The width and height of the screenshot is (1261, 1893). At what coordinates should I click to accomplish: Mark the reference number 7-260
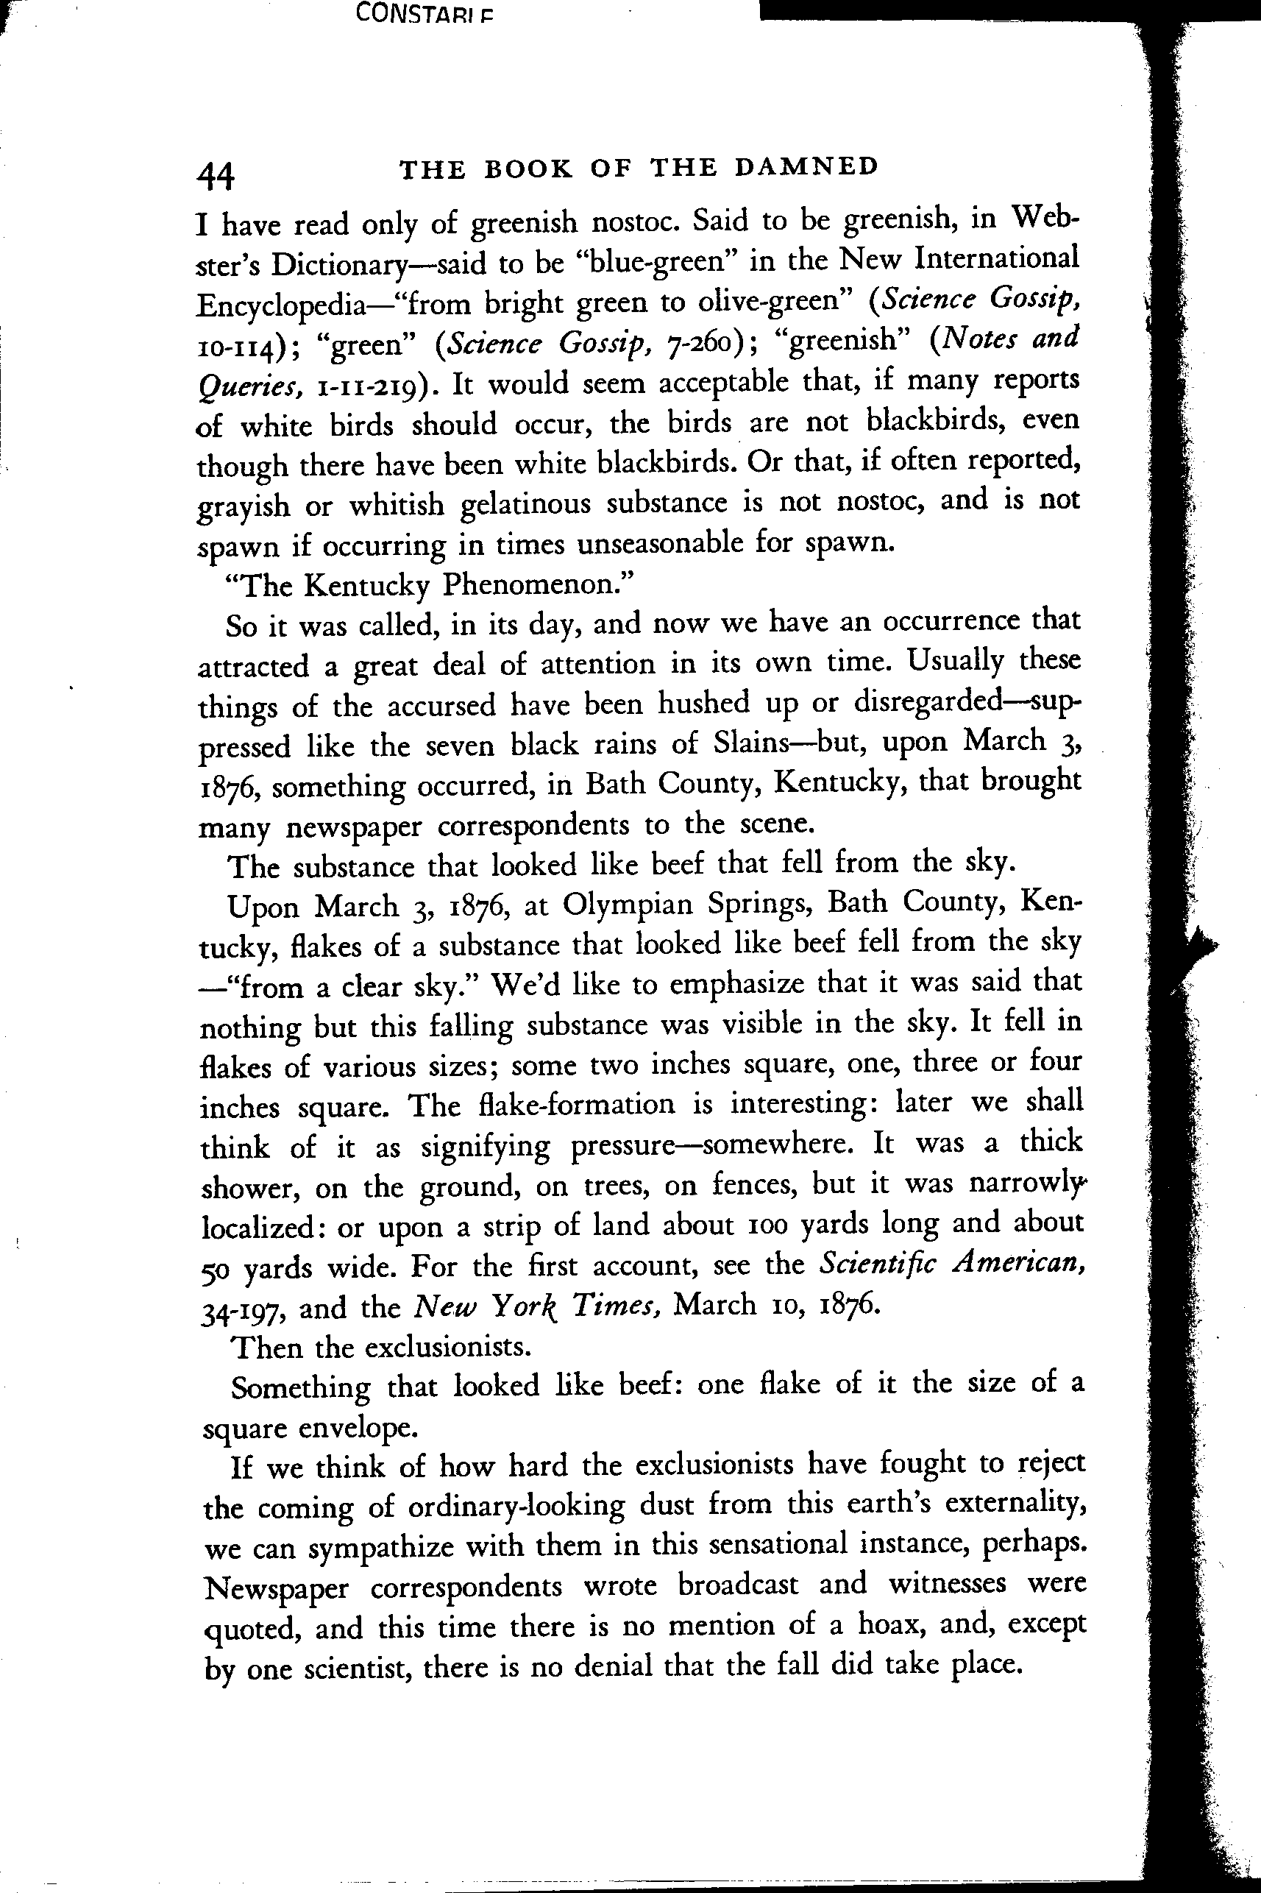point(701,343)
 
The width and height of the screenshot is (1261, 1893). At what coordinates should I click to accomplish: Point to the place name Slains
point(749,742)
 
